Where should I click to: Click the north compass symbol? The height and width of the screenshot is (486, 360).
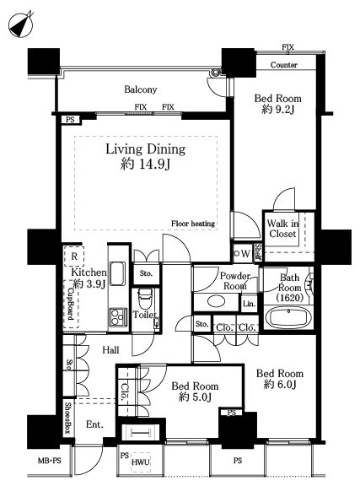click(21, 25)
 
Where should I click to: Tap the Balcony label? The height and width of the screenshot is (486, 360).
click(140, 89)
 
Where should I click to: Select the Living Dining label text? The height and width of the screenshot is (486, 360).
click(146, 149)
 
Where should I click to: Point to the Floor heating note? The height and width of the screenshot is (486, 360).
click(193, 224)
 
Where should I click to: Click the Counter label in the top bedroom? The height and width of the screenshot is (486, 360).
click(284, 65)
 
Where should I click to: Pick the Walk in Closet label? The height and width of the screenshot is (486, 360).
click(282, 229)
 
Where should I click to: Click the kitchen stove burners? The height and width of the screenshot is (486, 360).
click(118, 316)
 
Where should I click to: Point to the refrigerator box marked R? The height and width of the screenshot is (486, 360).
click(74, 256)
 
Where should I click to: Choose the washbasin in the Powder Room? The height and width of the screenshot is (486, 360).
click(216, 301)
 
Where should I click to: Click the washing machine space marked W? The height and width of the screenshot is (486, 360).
click(243, 253)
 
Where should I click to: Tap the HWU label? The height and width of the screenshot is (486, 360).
click(141, 462)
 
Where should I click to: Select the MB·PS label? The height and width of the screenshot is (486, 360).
click(49, 461)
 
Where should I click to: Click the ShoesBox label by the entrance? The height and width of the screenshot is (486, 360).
click(68, 418)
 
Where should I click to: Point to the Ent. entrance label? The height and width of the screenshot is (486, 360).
click(94, 424)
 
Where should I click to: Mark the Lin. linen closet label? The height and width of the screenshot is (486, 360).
click(249, 304)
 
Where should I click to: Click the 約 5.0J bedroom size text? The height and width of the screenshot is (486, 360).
click(195, 397)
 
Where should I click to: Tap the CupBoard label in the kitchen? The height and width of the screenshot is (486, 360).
click(71, 304)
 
